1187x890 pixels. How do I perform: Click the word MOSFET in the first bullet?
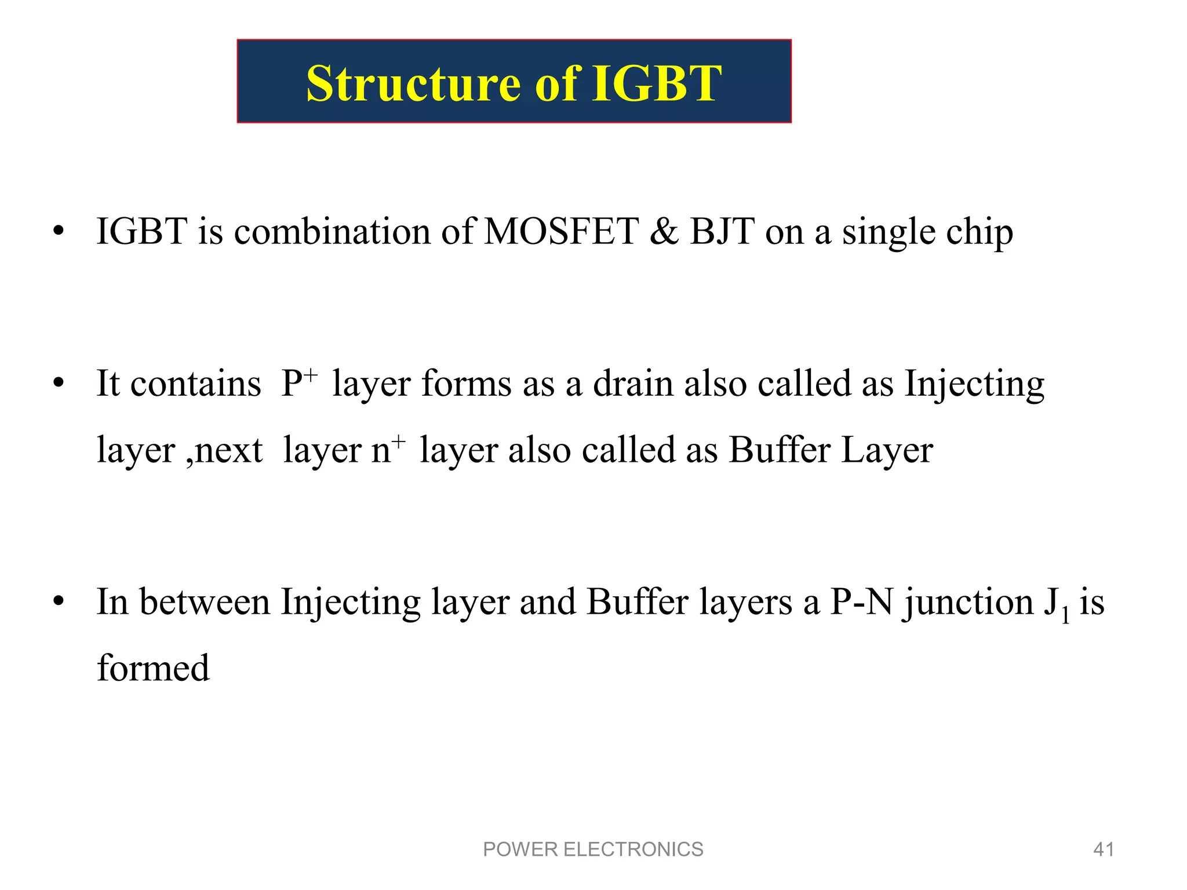tap(561, 232)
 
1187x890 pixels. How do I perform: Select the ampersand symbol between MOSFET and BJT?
tap(664, 232)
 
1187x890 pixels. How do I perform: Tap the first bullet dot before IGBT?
tap(58, 232)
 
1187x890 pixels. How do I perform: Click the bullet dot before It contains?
tap(58, 384)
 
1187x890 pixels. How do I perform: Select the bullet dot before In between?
tap(58, 603)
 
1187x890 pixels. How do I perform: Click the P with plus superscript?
tap(298, 383)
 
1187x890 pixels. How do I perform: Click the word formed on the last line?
tap(153, 668)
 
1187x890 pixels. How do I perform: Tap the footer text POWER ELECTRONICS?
tap(593, 849)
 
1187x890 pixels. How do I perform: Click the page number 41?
tap(1103, 849)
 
